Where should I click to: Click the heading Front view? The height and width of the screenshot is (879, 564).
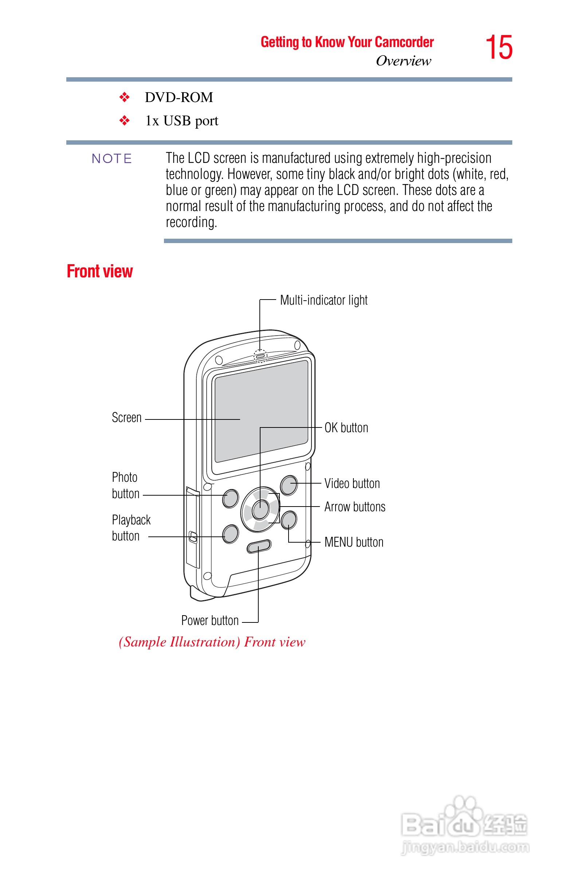point(99,271)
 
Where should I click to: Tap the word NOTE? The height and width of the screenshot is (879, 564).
point(112,159)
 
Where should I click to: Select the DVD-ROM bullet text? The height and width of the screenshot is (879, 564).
point(179,97)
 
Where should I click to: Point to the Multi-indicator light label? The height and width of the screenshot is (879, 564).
point(324,300)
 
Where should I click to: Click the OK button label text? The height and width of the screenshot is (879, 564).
point(346,427)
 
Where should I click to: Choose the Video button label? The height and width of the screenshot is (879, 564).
point(352,484)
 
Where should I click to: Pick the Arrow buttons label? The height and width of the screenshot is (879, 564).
point(355,507)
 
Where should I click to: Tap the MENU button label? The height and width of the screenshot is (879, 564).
point(353,542)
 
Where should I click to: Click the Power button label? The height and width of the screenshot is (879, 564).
point(210,620)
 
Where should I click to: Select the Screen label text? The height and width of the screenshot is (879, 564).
point(126,418)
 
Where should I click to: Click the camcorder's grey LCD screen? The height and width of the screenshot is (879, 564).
point(261,410)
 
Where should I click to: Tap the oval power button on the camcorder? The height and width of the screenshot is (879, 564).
point(259,546)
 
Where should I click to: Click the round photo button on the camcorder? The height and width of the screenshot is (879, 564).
point(230,499)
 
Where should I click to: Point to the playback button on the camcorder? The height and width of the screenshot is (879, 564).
point(230,534)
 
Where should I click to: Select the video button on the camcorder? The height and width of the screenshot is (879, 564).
point(289,485)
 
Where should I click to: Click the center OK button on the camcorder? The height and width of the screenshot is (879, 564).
point(261,509)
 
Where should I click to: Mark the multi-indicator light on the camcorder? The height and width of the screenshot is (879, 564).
point(261,356)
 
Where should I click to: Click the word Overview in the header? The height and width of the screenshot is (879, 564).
point(403,61)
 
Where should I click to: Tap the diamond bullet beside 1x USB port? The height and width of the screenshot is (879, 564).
point(125,121)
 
